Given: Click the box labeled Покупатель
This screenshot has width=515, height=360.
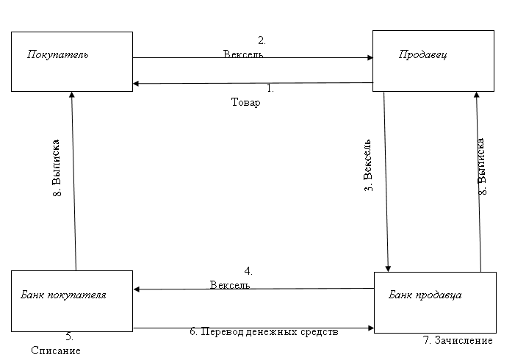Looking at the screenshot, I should click(x=72, y=61).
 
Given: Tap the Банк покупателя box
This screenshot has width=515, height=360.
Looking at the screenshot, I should click(x=72, y=300).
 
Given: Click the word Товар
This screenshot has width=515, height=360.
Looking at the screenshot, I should click(x=245, y=103).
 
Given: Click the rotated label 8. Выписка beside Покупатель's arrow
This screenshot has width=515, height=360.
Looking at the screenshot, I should click(x=57, y=168).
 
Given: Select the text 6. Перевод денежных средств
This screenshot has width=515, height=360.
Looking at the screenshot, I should click(x=264, y=331).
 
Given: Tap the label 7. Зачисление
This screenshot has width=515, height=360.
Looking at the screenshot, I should click(x=458, y=341).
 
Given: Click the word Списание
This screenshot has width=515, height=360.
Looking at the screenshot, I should click(x=55, y=350).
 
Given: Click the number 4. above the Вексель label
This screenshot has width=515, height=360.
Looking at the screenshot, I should click(x=248, y=270).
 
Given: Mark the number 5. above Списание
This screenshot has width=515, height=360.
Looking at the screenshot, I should click(x=69, y=336).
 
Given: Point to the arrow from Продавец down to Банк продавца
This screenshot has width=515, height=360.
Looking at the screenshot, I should click(x=386, y=180).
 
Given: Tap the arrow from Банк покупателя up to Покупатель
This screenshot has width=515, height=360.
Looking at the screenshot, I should click(x=73, y=180).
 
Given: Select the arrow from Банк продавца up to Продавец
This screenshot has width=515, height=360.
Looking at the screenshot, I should click(x=478, y=180).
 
